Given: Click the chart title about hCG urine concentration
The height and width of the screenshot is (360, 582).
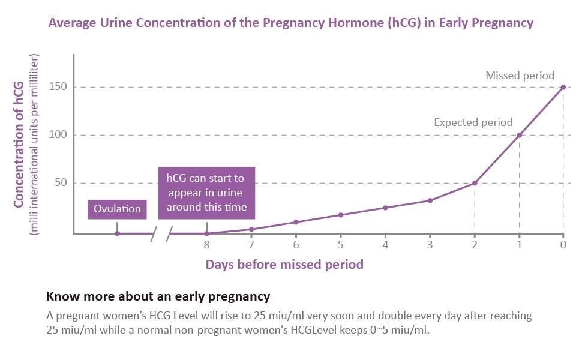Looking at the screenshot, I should coord(290,23).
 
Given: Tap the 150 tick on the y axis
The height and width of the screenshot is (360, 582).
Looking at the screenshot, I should coord(62,87).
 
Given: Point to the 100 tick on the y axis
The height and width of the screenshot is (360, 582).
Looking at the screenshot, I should coord(62,135).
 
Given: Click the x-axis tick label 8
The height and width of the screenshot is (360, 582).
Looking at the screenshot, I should coord(206,245).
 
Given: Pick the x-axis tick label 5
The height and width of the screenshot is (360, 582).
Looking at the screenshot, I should coord(340,245).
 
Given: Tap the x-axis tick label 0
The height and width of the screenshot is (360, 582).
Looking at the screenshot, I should coord(563,245).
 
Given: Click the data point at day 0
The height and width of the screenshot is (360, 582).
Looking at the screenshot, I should coord(563,87).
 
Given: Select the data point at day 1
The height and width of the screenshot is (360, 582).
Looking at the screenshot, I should coord(519,135).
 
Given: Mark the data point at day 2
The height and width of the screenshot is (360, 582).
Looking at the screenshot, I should coord(475,183).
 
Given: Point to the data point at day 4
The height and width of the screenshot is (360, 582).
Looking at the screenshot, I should coord(385,208).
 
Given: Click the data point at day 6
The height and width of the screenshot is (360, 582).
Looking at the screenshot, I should coord(296,222).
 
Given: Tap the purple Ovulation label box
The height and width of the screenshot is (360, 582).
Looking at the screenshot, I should coord(117,209).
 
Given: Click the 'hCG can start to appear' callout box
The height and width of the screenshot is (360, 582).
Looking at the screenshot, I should coord(206,193).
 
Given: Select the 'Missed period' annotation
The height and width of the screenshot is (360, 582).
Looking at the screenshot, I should coord(520,76).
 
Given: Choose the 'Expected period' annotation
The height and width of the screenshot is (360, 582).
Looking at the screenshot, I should coord(473,122).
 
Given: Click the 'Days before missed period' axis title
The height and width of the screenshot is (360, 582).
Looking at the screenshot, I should coord(284,264).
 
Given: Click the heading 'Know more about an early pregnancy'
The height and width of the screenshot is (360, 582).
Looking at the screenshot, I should coord(158,296).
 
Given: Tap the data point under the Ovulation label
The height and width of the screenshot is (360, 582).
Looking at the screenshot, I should coord(117,233).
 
